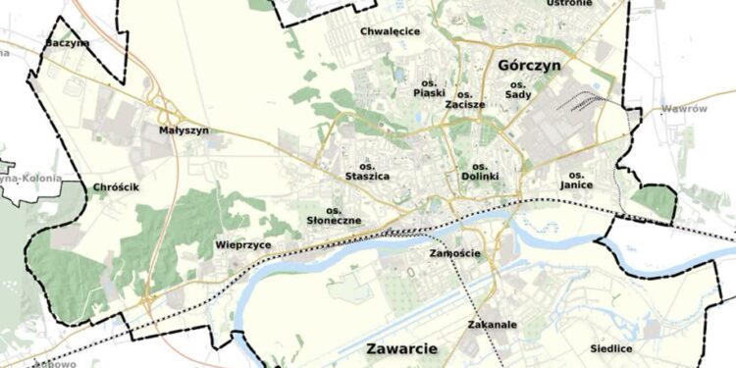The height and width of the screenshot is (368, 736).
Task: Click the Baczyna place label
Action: tap(68, 43)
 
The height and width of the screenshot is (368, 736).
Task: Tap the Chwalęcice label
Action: tap(390, 31)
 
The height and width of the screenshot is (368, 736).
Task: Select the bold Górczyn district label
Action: tap(528, 65)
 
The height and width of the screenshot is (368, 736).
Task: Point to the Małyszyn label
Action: tap(184, 130)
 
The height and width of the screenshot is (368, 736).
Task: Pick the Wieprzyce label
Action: tap(242, 245)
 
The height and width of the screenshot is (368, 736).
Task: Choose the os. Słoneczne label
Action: tap(334, 216)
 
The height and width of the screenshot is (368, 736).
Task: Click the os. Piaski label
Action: tap(429, 87)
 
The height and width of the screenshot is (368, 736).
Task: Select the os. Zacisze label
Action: tap(465, 96)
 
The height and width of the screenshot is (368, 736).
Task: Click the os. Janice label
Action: tap(576, 179)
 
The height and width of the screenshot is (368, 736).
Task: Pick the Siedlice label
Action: tap(611, 348)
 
